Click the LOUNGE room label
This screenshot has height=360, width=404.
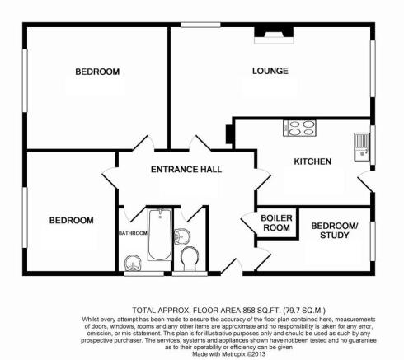tap(270, 71)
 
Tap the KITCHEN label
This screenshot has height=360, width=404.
tap(312, 161)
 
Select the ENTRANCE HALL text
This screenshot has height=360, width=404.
tap(186, 170)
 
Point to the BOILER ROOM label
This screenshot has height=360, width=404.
tap(276, 222)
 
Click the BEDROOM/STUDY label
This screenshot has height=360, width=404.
tap(335, 231)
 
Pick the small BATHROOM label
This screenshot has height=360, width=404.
tap(133, 233)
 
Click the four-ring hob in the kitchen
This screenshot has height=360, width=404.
tap(299, 129)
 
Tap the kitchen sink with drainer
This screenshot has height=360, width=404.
tap(362, 147)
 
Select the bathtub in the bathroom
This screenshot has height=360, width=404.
tap(160, 235)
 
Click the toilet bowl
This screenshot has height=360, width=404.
tap(190, 258)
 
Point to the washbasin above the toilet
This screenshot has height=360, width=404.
tap(182, 236)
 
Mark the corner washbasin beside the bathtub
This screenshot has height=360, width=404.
tap(133, 263)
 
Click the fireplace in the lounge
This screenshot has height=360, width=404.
tap(274, 35)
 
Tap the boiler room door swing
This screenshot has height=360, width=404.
tap(248, 223)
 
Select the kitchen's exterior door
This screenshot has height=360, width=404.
tap(365, 180)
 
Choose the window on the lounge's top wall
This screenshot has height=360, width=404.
tap(200, 25)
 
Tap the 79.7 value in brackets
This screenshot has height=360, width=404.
tap(292, 311)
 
